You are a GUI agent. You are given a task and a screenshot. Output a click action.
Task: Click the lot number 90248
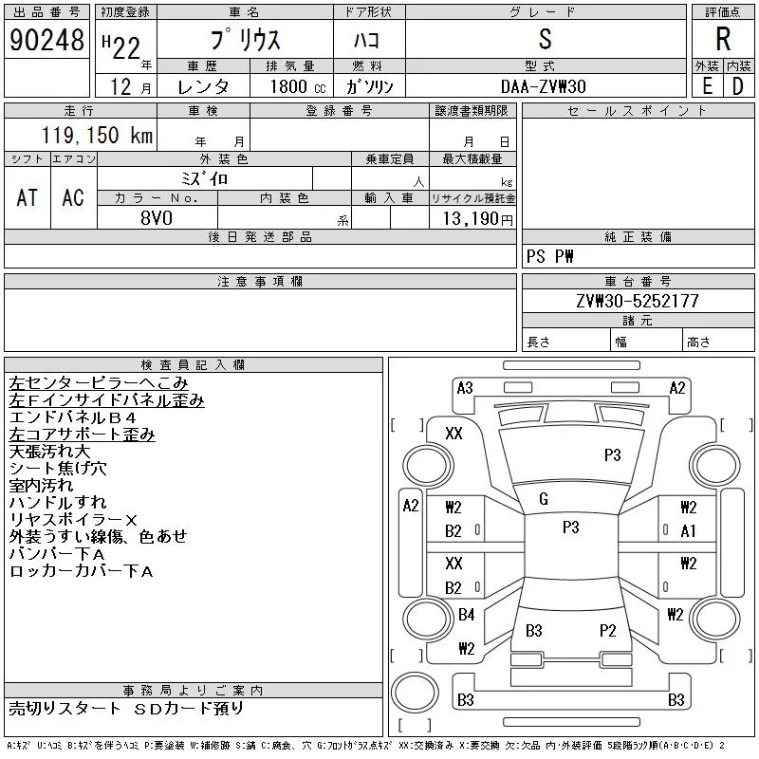coord(46,40)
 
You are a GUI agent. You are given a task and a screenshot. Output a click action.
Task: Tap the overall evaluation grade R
coord(723,40)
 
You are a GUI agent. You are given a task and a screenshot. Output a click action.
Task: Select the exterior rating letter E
coord(707,85)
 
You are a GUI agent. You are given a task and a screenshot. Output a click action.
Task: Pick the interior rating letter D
coord(737,85)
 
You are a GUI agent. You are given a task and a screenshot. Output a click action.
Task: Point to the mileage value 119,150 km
coord(95,136)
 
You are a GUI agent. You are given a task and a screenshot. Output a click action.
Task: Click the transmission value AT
coord(28,197)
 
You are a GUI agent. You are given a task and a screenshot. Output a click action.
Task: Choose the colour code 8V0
coord(157,218)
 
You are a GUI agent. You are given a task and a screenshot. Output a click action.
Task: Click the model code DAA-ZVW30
coord(545,86)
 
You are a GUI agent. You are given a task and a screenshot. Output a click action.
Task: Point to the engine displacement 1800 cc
coord(292,86)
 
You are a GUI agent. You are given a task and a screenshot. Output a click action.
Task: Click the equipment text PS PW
coord(551,257)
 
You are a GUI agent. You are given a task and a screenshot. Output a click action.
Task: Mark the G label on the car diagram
coord(544,499)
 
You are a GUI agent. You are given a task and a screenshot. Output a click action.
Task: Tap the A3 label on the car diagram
coord(465,387)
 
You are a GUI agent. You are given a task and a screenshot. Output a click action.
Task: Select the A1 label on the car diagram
coord(689,531)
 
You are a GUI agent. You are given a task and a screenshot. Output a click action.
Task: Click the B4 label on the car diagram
coord(466,615)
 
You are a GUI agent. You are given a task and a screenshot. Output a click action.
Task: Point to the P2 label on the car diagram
coord(608,630)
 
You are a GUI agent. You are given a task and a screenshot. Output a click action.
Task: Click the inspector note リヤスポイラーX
coord(74,520)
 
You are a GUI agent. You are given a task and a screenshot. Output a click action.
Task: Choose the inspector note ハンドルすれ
coord(58,503)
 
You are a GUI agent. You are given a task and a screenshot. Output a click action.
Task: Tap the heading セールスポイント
coord(638,111)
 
